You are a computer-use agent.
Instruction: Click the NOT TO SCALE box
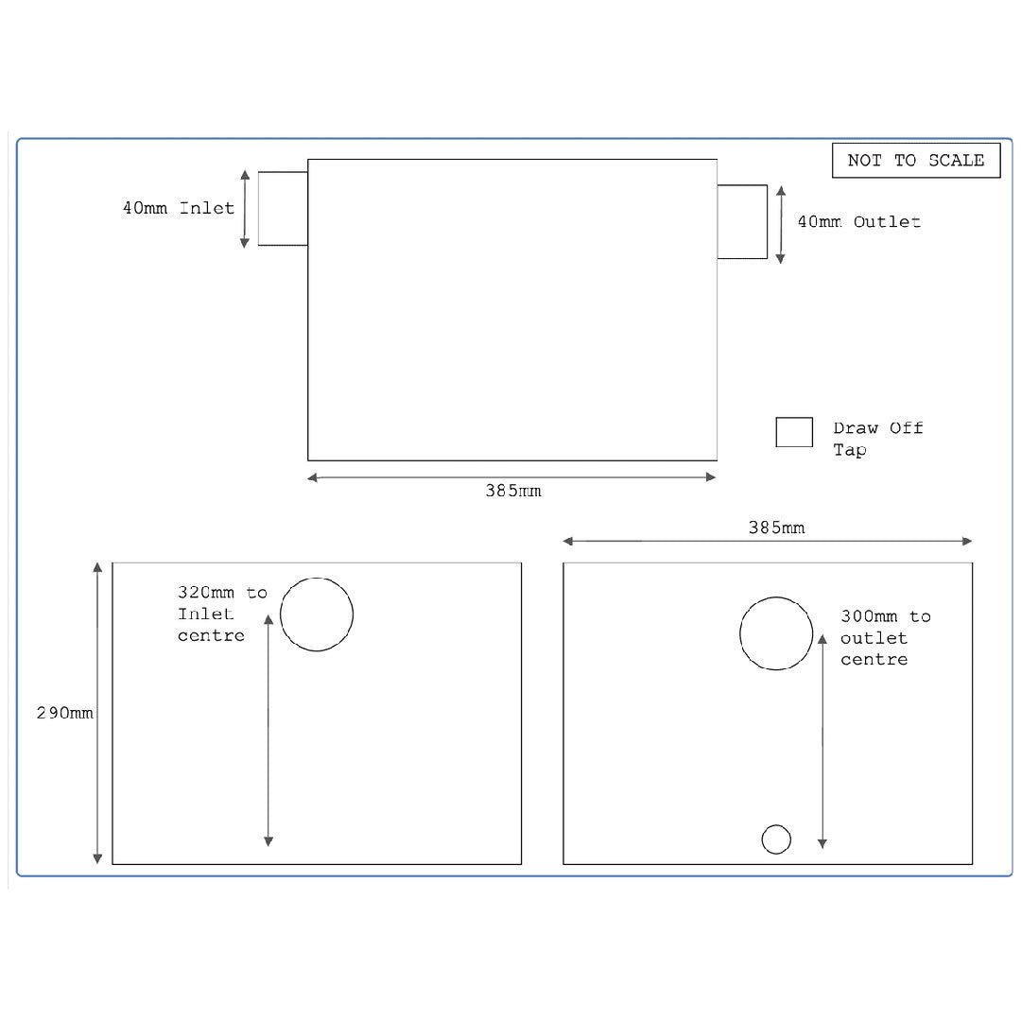pyautogui.click(x=915, y=161)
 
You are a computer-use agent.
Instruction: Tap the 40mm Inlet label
pyautogui.click(x=178, y=208)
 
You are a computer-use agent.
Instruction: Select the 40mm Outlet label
pyautogui.click(x=858, y=222)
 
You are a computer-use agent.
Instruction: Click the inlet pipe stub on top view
pyautogui.click(x=283, y=208)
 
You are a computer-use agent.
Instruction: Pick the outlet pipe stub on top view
pyautogui.click(x=741, y=221)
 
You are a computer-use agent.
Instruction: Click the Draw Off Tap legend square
pyautogui.click(x=794, y=432)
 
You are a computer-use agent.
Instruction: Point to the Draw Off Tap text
pyautogui.click(x=876, y=439)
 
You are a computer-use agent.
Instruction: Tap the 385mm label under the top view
pyautogui.click(x=513, y=492)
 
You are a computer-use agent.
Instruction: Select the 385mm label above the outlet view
pyautogui.click(x=776, y=528)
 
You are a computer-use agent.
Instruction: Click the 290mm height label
pyautogui.click(x=64, y=714)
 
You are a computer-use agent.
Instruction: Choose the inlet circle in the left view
pyautogui.click(x=317, y=614)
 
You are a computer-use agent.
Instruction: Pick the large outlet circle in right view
pyautogui.click(x=776, y=633)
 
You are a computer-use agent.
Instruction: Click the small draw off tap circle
pyautogui.click(x=776, y=839)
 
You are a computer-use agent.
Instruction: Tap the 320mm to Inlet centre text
pyautogui.click(x=222, y=614)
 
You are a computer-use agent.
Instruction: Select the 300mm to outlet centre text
pyautogui.click(x=885, y=638)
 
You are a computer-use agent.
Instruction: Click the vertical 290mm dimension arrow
pyautogui.click(x=97, y=714)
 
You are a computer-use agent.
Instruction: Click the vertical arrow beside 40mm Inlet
pyautogui.click(x=245, y=209)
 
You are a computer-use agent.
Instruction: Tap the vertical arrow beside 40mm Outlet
pyautogui.click(x=780, y=224)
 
